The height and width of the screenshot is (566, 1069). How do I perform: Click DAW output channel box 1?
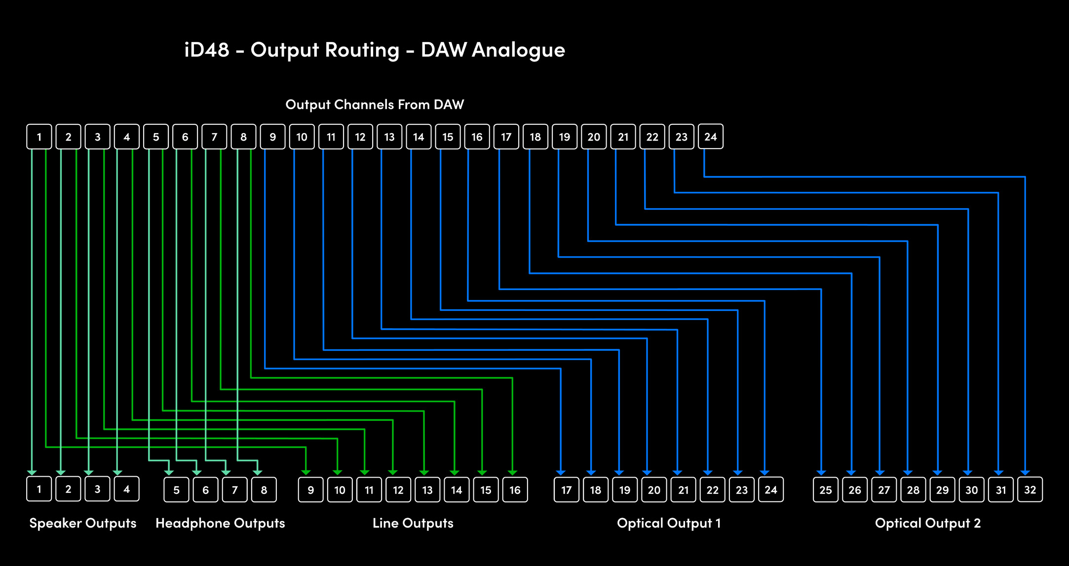[39, 137]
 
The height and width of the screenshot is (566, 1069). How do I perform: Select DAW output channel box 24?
[711, 137]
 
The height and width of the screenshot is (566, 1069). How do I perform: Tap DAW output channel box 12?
[360, 137]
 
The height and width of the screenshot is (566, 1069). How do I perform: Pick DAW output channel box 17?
[506, 137]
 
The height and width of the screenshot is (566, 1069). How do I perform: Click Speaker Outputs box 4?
[127, 489]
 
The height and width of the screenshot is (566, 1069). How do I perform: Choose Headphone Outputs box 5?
[177, 490]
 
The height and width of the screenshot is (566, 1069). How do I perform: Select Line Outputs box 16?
[515, 490]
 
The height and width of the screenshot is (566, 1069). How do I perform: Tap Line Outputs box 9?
[311, 490]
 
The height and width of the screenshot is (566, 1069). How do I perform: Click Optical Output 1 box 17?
[567, 490]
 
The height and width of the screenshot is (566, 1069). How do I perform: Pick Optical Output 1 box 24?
[771, 490]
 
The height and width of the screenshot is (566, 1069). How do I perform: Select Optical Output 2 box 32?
[1031, 490]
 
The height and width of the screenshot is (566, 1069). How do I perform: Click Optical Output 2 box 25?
[826, 490]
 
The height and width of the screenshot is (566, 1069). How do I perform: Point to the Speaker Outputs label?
[83, 523]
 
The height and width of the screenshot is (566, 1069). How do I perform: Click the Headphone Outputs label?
[220, 523]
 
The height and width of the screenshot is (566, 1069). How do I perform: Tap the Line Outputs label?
[413, 523]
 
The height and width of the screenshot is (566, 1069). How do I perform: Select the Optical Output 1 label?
[669, 523]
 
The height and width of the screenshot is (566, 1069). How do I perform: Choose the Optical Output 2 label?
[928, 523]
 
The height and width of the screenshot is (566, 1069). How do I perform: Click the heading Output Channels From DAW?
[375, 105]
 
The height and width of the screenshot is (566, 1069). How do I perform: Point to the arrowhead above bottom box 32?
[1026, 473]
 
